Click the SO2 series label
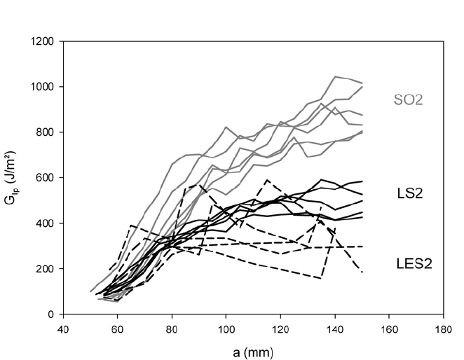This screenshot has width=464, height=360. (x=408, y=99)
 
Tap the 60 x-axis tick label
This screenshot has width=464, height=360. (x=118, y=328)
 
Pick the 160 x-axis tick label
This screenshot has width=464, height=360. (x=389, y=328)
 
